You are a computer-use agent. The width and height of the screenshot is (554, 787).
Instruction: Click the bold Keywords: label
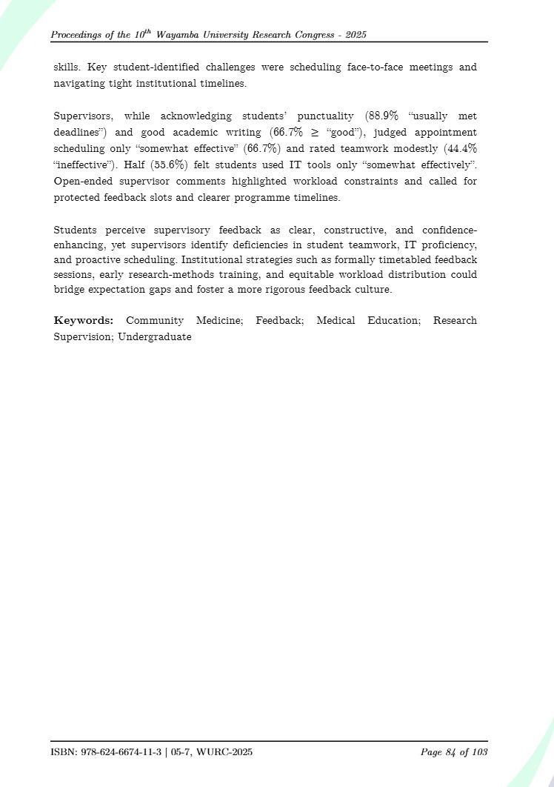pyautogui.click(x=83, y=321)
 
